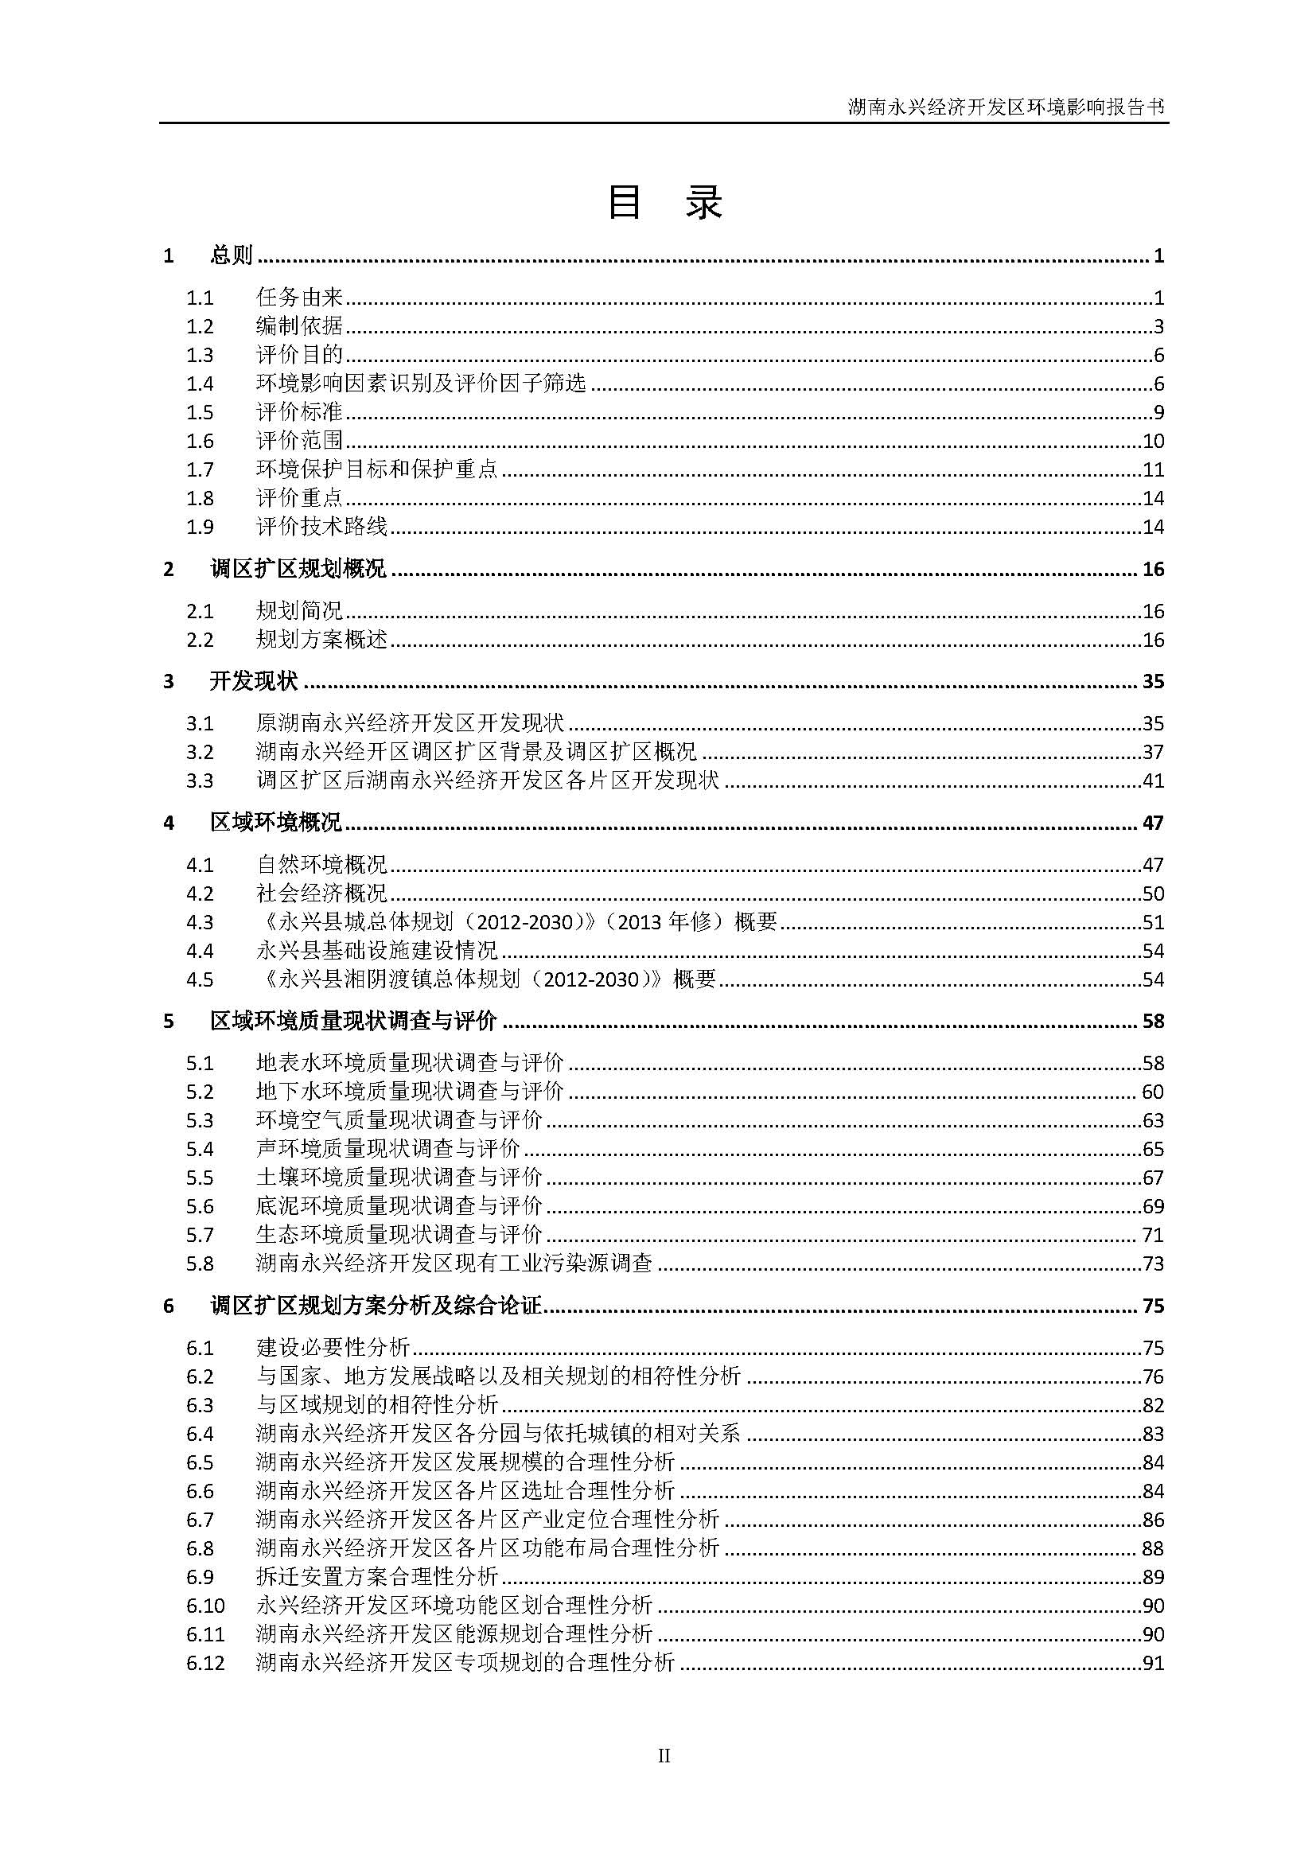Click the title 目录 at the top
click(664, 203)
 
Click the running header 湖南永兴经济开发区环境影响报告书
click(1006, 107)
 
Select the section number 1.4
click(200, 384)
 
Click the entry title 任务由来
click(300, 298)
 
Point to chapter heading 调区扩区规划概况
click(298, 569)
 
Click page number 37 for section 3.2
click(1152, 752)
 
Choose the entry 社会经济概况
click(321, 894)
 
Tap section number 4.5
click(200, 979)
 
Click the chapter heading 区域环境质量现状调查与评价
click(353, 1022)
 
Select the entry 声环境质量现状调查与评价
click(388, 1149)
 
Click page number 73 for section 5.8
click(1152, 1263)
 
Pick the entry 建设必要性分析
click(333, 1348)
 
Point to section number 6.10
click(205, 1606)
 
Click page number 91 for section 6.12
click(1152, 1663)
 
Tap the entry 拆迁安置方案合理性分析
click(377, 1576)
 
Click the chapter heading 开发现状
click(254, 682)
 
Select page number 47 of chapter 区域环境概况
click(1152, 823)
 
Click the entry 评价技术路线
click(321, 527)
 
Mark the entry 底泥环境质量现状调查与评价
click(399, 1206)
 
